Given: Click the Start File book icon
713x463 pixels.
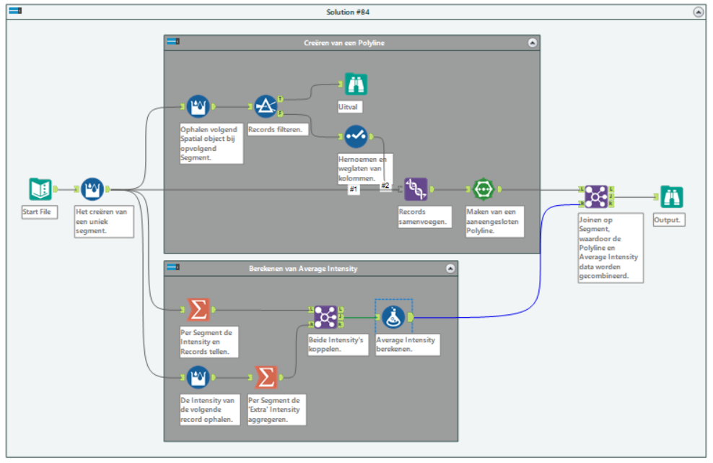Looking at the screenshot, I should [40, 189].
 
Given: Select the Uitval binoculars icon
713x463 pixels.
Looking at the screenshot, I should [355, 85].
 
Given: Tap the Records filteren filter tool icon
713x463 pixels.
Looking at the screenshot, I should [266, 107].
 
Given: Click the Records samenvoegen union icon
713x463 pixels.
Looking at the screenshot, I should [416, 189].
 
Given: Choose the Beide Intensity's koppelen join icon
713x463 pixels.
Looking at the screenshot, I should [325, 316].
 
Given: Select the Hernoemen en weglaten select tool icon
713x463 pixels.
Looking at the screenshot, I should [355, 136].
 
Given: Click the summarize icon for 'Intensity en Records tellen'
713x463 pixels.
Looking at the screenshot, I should [198, 310].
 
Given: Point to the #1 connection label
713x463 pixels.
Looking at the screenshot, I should [354, 189].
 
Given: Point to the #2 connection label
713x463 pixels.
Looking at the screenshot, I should [385, 186].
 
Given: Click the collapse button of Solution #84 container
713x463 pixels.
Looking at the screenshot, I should [698, 12].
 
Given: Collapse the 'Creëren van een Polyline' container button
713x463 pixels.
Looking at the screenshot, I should [533, 43].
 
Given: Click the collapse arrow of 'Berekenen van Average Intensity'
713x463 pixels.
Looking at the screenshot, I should [450, 268].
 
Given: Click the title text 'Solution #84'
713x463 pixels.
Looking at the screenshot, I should [356, 12].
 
